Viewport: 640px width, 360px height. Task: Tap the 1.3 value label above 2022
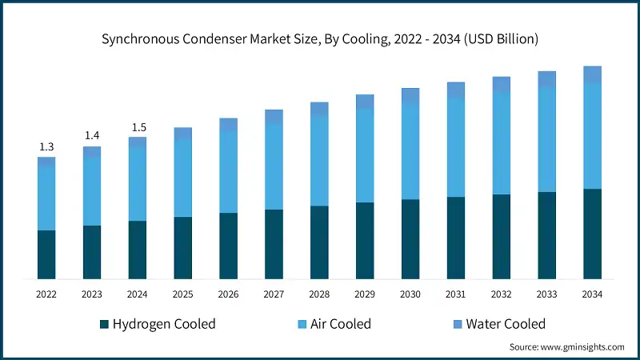46,146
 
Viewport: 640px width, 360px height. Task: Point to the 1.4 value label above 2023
92,136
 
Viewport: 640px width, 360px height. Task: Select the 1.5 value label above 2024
138,127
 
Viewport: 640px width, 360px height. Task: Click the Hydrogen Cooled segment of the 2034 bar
592,234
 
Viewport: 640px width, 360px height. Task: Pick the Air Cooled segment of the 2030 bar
410,151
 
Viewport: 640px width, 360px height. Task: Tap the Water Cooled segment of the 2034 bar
592,74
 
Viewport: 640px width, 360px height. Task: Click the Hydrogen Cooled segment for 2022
46,254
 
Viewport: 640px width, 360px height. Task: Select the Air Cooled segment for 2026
229,171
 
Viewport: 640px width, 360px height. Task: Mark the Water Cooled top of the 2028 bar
319,109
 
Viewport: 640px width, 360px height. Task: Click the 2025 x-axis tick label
183,294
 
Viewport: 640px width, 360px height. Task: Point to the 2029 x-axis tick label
365,294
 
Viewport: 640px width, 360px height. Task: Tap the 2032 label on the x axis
502,294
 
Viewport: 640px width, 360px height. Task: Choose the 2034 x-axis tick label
592,294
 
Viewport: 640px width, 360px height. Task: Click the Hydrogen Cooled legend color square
104,324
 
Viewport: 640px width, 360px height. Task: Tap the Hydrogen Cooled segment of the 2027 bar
274,244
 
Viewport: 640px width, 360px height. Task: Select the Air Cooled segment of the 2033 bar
547,139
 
